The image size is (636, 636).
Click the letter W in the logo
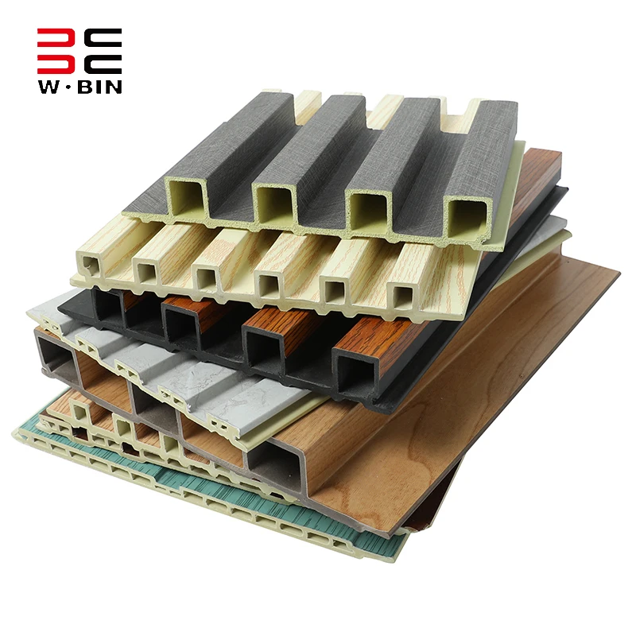(50, 87)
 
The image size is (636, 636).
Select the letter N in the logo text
(112, 87)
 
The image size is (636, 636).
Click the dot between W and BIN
(70, 87)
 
